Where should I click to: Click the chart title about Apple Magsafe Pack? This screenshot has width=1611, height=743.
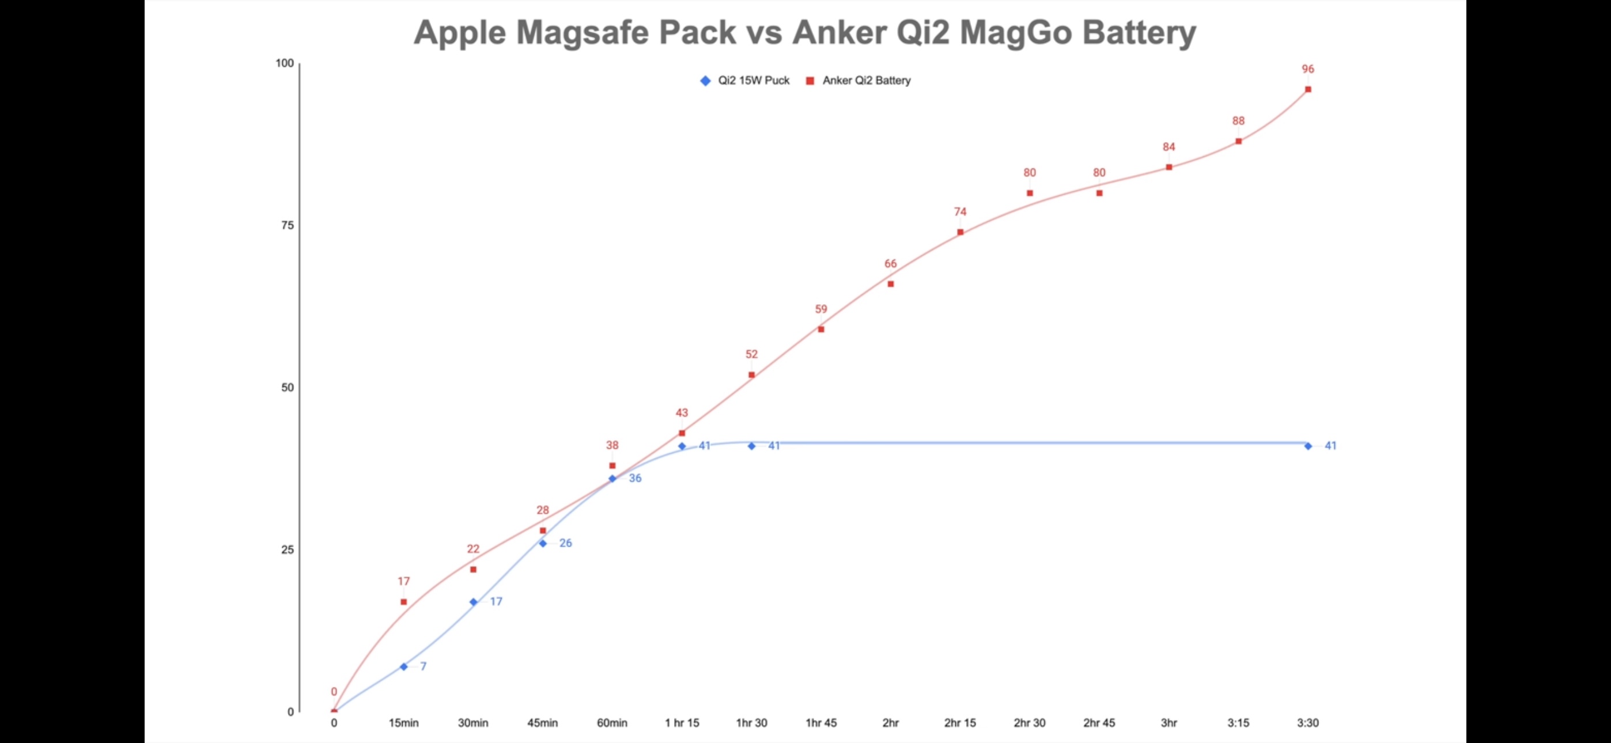pos(805,32)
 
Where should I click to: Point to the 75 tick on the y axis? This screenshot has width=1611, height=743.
pos(287,225)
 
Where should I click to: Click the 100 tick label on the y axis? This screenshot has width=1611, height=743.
pos(285,63)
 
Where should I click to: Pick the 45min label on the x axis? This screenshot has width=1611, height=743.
pos(542,723)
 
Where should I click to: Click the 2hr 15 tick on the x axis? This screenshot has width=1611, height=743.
pos(960,723)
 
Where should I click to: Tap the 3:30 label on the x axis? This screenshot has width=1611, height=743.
pos(1308,723)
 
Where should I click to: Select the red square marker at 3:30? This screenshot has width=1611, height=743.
pos(1308,89)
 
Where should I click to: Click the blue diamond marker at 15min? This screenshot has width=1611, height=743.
pos(403,667)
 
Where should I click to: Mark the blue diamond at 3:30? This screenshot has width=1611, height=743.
pos(1308,446)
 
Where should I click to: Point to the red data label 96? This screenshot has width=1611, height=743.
pos(1308,70)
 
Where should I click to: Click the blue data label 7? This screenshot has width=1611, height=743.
pos(423,667)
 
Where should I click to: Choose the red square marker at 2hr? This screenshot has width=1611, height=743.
pos(891,284)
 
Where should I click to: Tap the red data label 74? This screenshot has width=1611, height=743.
pos(960,212)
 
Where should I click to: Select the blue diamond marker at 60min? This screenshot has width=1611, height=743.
pos(612,479)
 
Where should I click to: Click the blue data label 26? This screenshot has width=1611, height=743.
pos(565,543)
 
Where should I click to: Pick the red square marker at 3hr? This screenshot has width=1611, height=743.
pos(1169,167)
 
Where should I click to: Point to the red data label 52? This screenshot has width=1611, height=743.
pos(751,355)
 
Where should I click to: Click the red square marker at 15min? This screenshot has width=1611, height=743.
pos(403,602)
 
